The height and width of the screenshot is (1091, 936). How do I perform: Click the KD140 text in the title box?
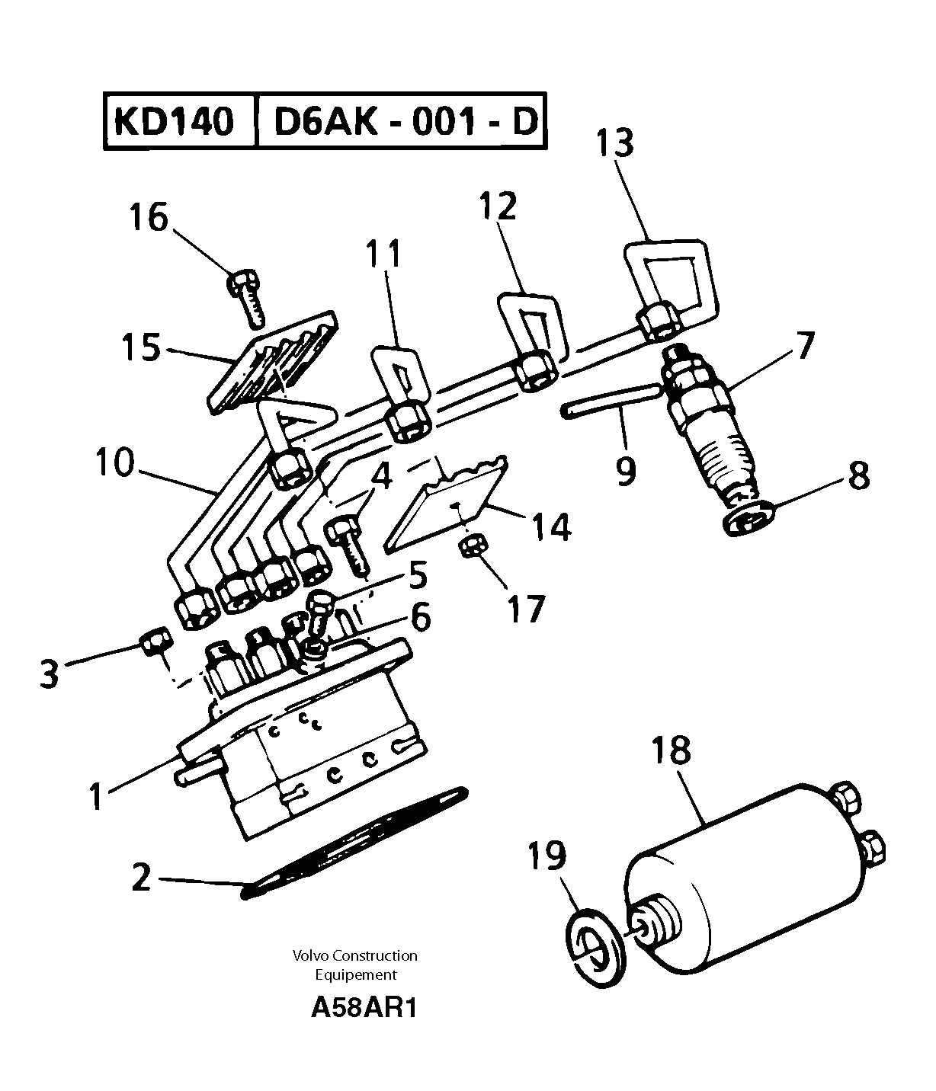(174, 121)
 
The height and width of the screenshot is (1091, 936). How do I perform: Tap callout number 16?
(148, 217)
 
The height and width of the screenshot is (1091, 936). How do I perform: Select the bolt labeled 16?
(246, 296)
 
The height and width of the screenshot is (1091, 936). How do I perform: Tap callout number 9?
(625, 472)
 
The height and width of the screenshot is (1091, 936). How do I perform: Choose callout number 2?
(142, 878)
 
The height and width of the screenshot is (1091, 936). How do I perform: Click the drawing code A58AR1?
(364, 1008)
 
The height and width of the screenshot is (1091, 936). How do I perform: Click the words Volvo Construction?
(355, 955)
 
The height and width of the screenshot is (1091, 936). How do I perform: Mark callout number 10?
(114, 463)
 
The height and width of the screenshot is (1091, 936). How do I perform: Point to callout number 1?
(96, 797)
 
